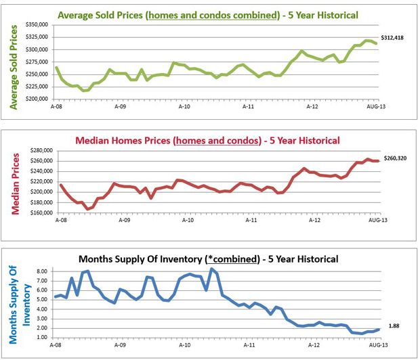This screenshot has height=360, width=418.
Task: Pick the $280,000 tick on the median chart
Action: pos(39,150)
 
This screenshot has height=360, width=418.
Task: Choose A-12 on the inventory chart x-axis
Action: pos(312,345)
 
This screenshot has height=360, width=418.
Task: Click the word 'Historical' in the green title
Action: pos(333,14)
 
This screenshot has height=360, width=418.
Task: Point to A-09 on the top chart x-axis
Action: pos(120,106)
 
